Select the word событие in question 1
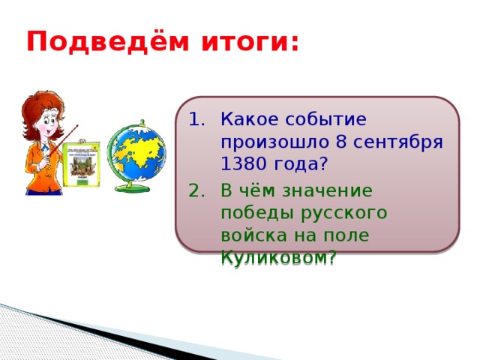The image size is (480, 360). [323, 119]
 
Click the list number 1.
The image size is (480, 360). [196, 119]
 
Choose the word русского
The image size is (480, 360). [345, 213]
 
